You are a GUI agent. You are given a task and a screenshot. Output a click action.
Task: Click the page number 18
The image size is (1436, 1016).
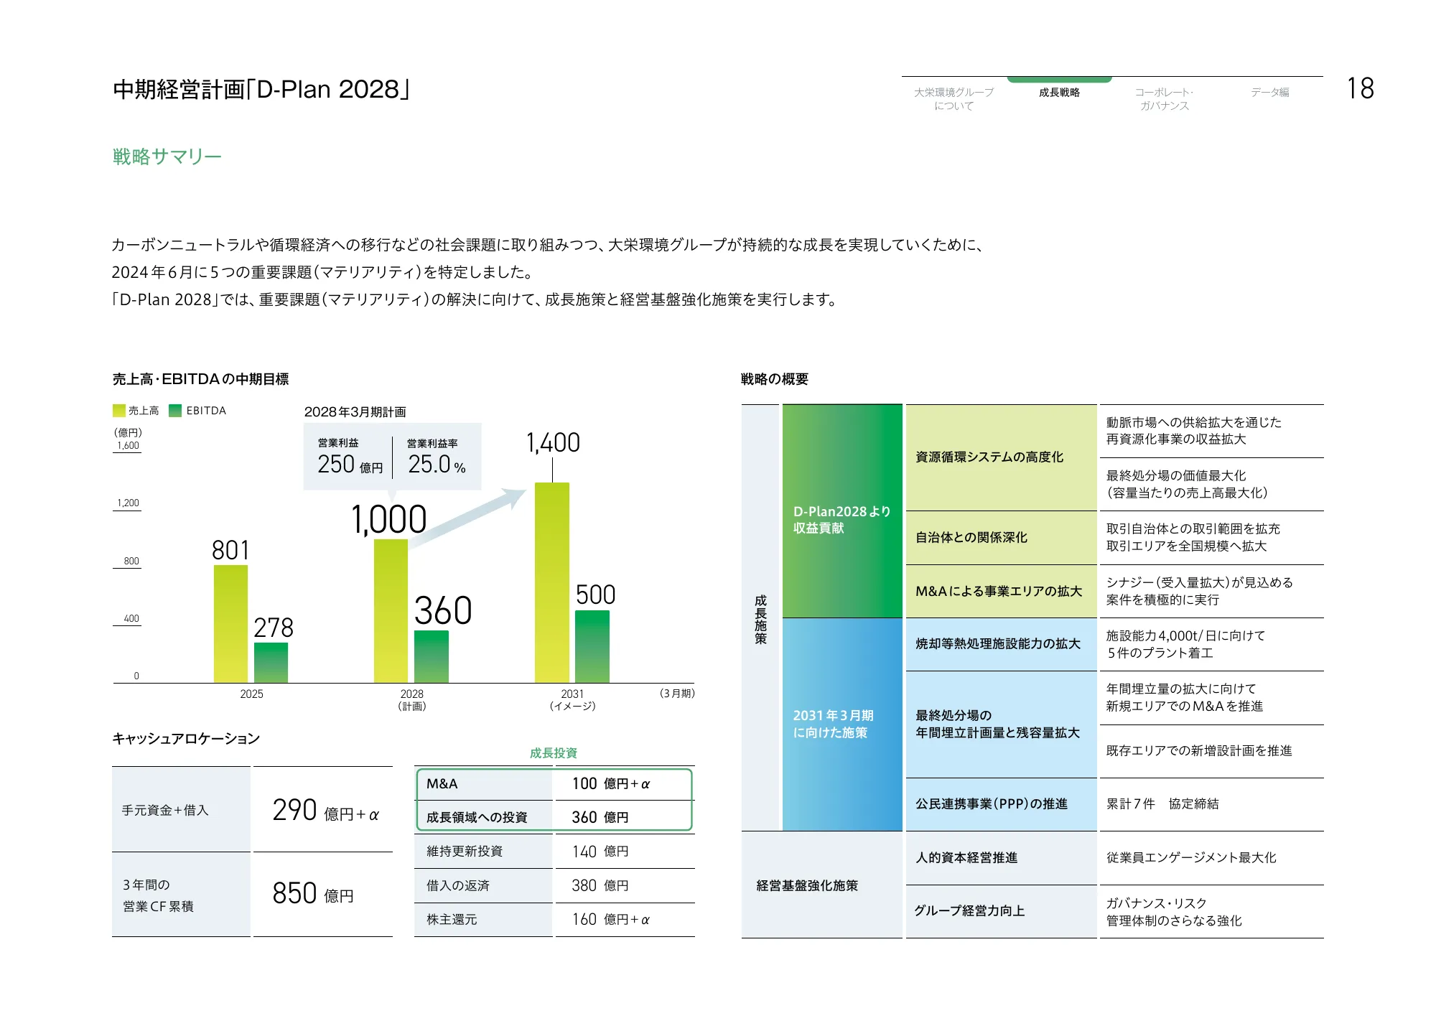pos(1360,89)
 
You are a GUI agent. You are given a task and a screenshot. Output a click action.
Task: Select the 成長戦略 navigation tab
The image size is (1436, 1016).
pos(1059,93)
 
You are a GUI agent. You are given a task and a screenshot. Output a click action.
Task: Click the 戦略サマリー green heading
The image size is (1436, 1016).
pos(167,157)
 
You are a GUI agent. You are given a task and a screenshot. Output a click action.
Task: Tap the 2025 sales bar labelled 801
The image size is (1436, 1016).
pos(230,623)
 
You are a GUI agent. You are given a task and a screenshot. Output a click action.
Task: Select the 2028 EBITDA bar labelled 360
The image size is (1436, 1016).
pos(432,656)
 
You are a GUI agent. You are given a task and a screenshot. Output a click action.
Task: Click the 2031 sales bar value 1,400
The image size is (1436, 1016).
pos(553,443)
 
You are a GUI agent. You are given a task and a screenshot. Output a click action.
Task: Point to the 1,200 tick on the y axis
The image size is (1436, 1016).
pos(128,503)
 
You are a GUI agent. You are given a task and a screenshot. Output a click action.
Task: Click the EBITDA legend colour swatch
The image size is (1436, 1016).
pos(175,411)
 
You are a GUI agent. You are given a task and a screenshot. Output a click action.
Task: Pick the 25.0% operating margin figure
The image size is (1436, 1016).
pos(437,465)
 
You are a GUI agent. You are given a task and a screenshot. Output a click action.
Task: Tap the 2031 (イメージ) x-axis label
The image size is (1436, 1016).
pos(572,699)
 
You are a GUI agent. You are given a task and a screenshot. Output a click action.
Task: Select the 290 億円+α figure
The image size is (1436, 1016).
pos(325,811)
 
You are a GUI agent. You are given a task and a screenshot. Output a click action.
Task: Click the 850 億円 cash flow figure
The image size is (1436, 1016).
pos(313,894)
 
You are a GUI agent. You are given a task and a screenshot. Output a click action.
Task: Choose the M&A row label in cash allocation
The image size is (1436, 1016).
pos(442,784)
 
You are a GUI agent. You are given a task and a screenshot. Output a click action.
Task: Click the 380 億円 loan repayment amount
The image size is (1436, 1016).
pos(600,885)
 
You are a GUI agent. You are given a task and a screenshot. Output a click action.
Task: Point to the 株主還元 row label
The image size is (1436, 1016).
pos(452,919)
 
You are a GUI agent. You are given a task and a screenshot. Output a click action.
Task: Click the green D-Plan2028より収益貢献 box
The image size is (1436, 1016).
pos(841,511)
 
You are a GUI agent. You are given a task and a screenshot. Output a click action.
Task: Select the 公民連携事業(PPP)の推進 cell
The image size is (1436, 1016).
pos(992,804)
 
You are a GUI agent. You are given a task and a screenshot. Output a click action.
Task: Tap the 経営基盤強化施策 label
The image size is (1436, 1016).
pos(807,885)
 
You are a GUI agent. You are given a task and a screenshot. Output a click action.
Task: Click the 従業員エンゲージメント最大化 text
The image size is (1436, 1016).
pos(1191,858)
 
